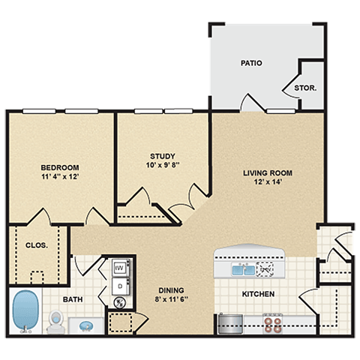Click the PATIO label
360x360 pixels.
pos(251,63)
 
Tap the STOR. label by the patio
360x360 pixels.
pos(304,88)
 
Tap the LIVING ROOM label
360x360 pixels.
pos(267,173)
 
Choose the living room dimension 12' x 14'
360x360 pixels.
pos(267,183)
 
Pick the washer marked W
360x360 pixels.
pos(119,268)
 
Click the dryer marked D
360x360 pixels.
pos(119,285)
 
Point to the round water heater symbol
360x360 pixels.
pos(119,303)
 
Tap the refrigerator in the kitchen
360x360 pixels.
pos(229,324)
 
